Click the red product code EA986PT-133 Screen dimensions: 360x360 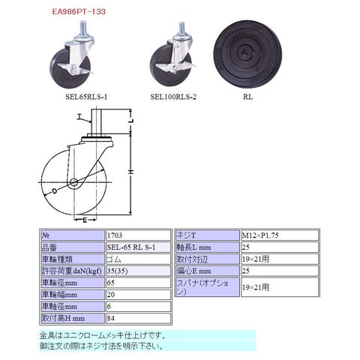pyautogui.click(x=79, y=12)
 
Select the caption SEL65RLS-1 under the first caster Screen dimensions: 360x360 pyautogui.click(x=86, y=97)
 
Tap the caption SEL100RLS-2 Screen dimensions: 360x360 pyautogui.click(x=173, y=97)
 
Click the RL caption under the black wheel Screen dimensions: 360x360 pyautogui.click(x=247, y=97)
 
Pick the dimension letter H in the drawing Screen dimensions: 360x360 pyautogui.click(x=131, y=172)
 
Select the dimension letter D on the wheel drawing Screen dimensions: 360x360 pyautogui.click(x=55, y=191)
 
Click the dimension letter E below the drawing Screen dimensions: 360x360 pyautogui.click(x=85, y=220)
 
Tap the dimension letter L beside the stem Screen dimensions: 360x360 pyautogui.click(x=131, y=121)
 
